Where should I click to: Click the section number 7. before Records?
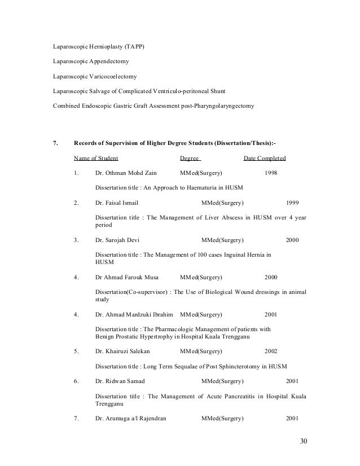pyautogui.click(x=55, y=142)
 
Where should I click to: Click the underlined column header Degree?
pyautogui.click(x=190, y=157)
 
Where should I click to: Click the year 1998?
pyautogui.click(x=271, y=173)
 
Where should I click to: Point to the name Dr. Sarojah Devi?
pyautogui.click(x=117, y=240)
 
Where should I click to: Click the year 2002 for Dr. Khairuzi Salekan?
pyautogui.click(x=271, y=350)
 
